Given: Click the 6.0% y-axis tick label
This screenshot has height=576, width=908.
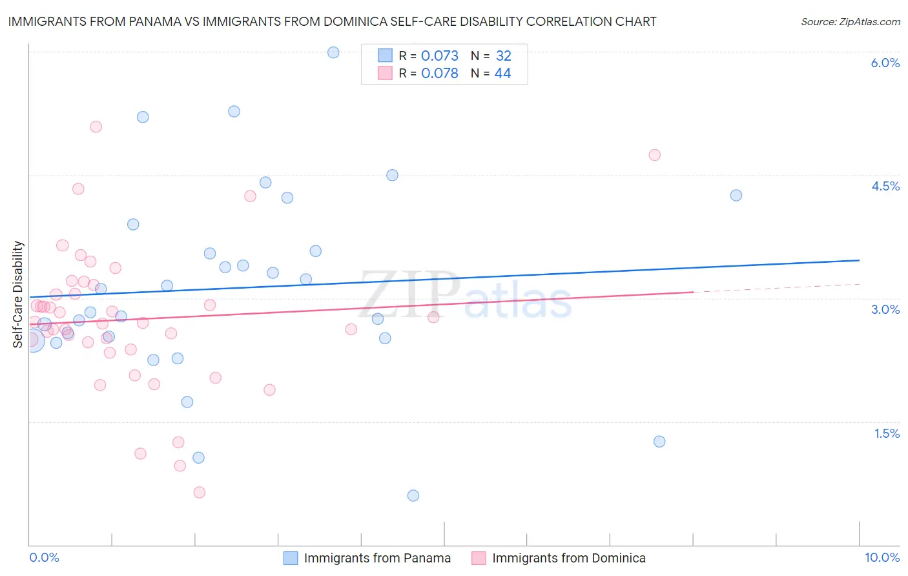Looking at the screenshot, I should (x=885, y=63).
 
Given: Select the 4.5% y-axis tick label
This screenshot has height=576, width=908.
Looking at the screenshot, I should (x=885, y=186).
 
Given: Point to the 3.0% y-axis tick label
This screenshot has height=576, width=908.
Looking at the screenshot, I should (x=885, y=309).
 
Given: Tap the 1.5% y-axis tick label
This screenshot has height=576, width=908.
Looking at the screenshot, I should (x=887, y=433).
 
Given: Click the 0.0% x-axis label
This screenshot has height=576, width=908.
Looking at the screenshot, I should (x=44, y=557).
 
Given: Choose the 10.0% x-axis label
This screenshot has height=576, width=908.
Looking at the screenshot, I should (x=882, y=557).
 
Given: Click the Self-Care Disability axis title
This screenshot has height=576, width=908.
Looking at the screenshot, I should (x=18, y=294).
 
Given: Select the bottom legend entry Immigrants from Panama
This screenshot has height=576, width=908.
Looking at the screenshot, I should (x=377, y=558).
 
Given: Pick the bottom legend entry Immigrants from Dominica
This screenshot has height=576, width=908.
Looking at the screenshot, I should (x=568, y=558).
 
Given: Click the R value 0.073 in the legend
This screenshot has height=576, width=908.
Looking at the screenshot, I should (x=439, y=56).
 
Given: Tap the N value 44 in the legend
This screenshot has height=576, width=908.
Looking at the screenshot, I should (x=502, y=74).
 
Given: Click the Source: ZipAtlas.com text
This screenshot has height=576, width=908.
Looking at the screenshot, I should (x=850, y=22).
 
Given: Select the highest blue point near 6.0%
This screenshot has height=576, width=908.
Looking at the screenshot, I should (x=333, y=52).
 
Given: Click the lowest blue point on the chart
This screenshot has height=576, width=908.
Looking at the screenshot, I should (x=413, y=495).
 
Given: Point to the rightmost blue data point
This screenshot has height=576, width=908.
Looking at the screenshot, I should (x=736, y=195).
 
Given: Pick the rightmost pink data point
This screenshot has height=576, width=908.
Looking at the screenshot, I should (x=654, y=155).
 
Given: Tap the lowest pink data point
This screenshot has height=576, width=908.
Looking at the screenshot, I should (x=200, y=492).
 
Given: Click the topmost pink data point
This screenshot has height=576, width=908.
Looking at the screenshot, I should (x=96, y=127).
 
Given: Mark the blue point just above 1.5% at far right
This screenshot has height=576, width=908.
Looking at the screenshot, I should (x=659, y=442).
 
